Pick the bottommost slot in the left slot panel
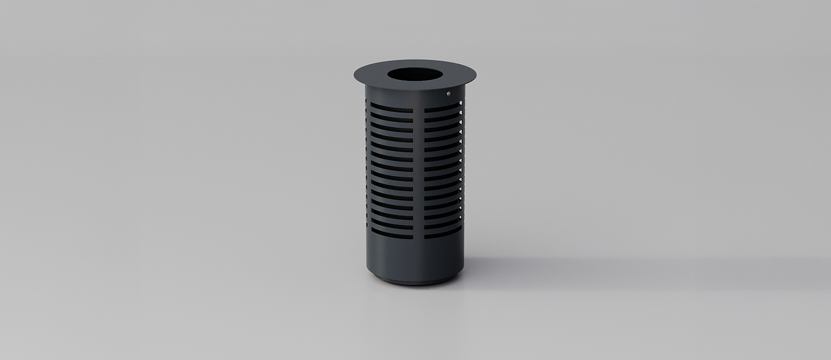pyautogui.click(x=392, y=236)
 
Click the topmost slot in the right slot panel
pyautogui.click(x=442, y=104)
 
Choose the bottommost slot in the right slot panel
pyautogui.click(x=442, y=235)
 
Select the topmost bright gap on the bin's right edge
pyautogui.click(x=460, y=102)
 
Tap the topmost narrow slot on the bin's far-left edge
pyautogui.click(x=367, y=103)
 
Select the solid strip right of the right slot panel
pyautogui.click(x=463, y=166)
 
